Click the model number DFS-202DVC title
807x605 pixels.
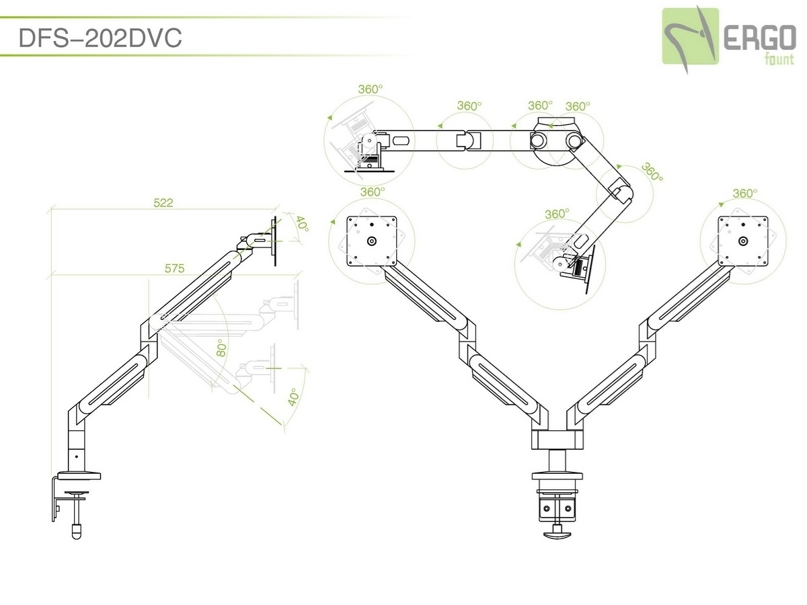tap(100, 38)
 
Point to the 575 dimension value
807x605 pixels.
tap(174, 268)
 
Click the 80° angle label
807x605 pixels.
tap(221, 347)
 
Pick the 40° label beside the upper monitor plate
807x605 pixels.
tap(301, 225)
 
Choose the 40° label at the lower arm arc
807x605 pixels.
tap(293, 397)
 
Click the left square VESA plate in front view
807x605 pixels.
tap(372, 241)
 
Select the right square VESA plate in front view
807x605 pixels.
tap(742, 241)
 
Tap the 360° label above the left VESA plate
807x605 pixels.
tap(372, 192)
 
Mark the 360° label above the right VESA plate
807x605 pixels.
tap(744, 193)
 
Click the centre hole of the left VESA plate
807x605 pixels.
tap(372, 241)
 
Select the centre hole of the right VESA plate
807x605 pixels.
tap(742, 241)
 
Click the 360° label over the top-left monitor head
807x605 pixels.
tap(369, 88)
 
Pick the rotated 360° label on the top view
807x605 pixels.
tap(651, 173)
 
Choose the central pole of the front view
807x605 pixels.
tap(557, 462)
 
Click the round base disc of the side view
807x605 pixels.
tap(79, 477)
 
